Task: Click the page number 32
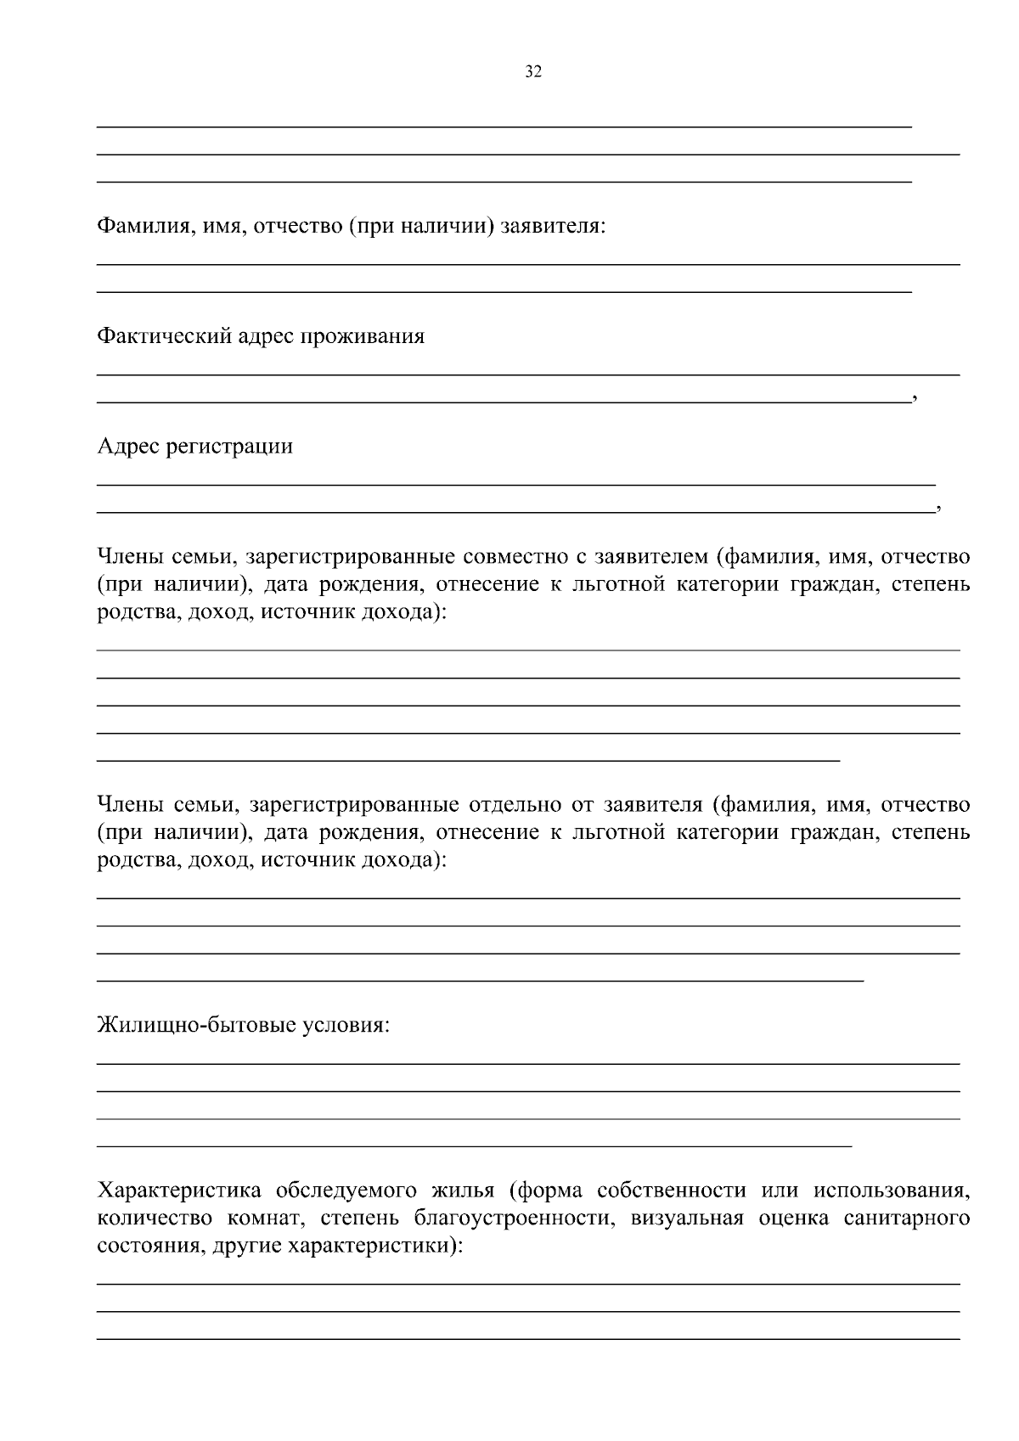click(x=533, y=72)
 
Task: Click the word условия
click(x=347, y=1026)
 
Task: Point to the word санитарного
click(x=907, y=1219)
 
